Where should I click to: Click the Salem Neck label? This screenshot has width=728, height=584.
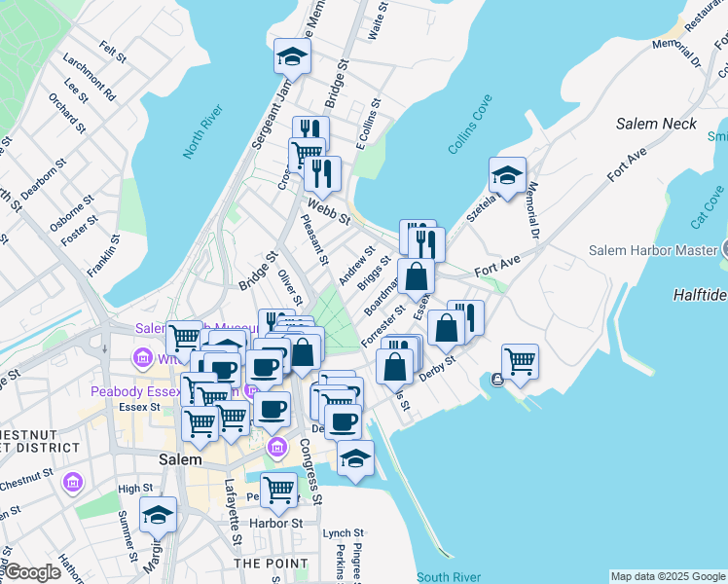coord(656,124)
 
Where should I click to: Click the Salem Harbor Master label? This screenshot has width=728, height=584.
coord(652,250)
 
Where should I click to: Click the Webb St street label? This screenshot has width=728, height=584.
coord(328,210)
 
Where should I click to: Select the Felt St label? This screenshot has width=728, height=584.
coord(113,51)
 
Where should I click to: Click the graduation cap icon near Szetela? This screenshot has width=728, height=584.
coord(507,176)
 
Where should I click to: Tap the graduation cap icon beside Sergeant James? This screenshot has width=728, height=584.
coord(292,56)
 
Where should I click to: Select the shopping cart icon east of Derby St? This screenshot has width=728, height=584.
coord(520,361)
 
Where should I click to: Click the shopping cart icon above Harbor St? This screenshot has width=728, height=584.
coord(278,490)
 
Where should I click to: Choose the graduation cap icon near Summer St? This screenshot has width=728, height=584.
coord(158,515)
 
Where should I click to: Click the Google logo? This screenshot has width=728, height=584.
coord(32,572)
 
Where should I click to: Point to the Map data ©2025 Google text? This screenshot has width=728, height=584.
coord(668,576)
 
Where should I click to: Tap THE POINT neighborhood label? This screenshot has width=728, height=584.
coord(272,563)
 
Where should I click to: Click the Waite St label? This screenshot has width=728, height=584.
coord(373,26)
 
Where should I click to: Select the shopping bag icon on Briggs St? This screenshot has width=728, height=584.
coord(416,275)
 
